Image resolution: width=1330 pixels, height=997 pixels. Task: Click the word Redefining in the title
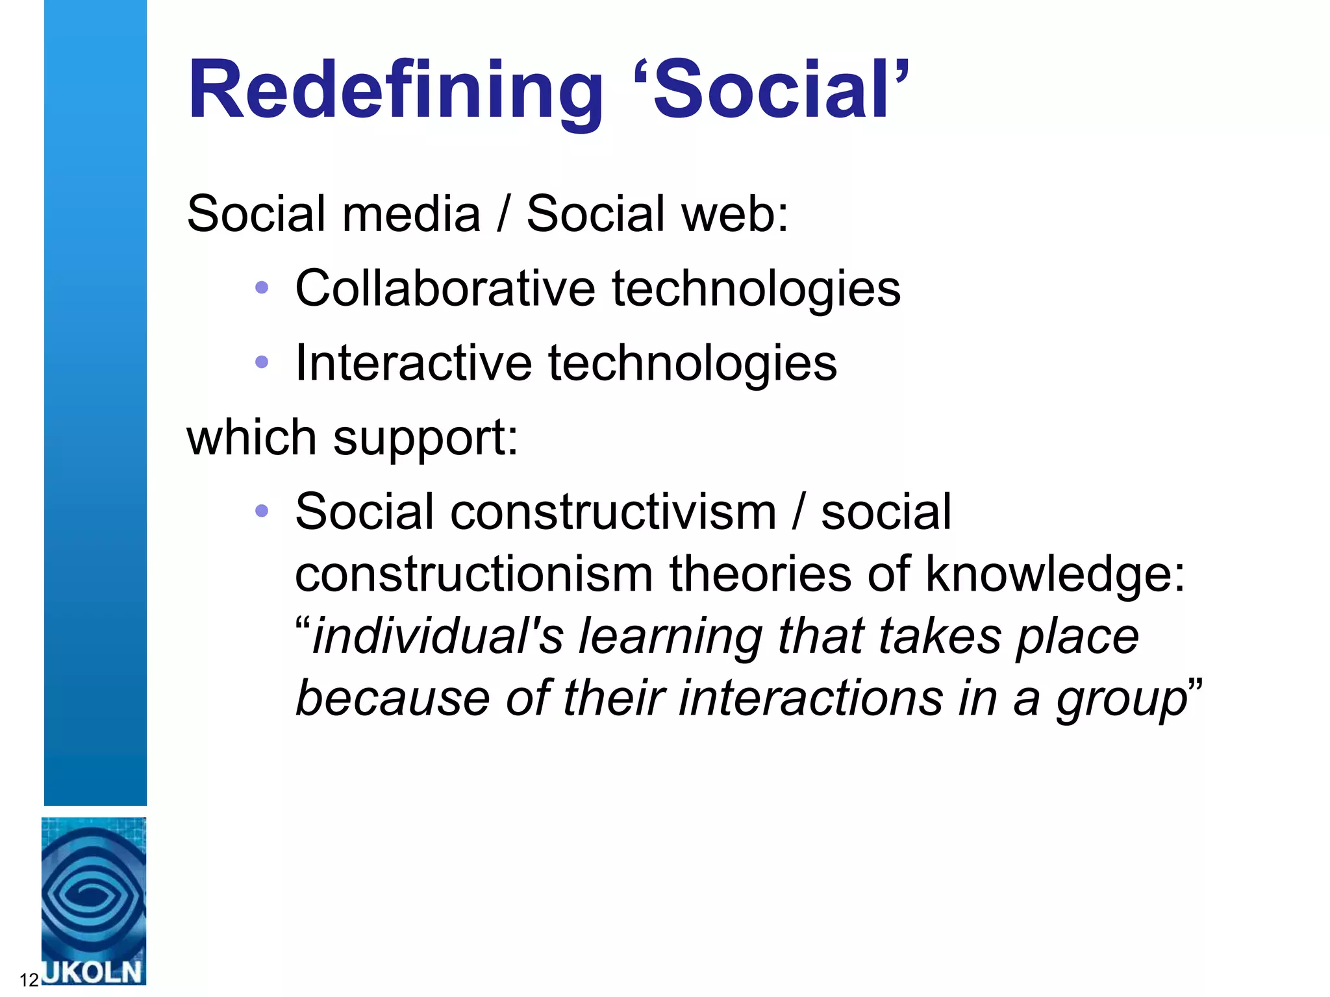[x=395, y=91]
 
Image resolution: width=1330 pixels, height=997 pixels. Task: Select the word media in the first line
[x=411, y=214]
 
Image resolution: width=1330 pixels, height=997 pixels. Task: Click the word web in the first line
[x=727, y=214]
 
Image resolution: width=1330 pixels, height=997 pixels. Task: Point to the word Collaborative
[x=445, y=289]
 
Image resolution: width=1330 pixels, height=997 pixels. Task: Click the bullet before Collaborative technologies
[x=262, y=288]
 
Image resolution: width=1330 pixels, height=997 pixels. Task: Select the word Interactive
[x=413, y=363]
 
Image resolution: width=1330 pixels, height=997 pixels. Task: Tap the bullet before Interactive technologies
[x=262, y=362]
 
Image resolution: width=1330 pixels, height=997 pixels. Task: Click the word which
[x=251, y=437]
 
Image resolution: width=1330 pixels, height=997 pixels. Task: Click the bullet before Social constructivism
[x=262, y=511]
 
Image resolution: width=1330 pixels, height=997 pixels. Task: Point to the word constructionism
[x=473, y=575]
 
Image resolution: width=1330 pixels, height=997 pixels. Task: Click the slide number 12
[x=29, y=980]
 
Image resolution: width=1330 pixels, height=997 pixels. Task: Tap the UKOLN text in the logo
[x=93, y=972]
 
